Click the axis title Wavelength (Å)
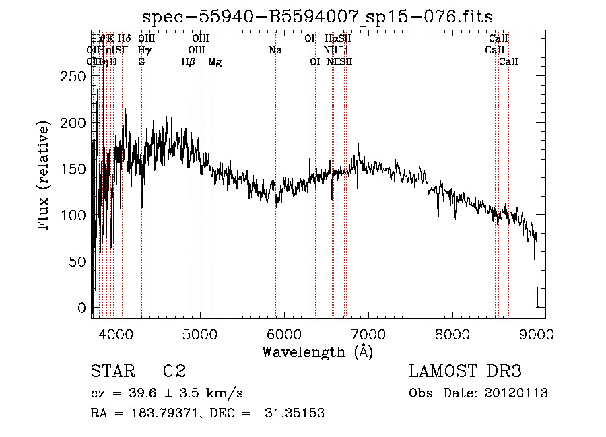[x=317, y=351]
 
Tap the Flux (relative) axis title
[x=44, y=176]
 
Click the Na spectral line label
[x=275, y=50]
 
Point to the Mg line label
[x=215, y=62]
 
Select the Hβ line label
[x=189, y=62]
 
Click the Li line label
[x=344, y=50]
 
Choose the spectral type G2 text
[x=174, y=372]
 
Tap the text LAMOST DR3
[x=465, y=372]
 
